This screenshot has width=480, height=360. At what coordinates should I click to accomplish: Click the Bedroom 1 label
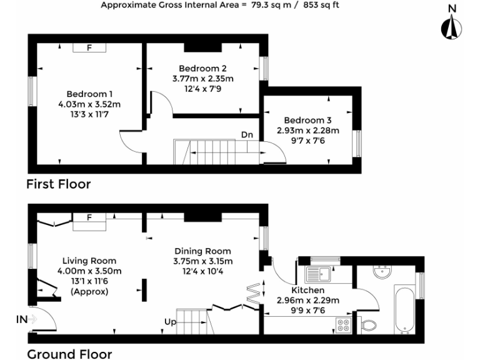coord(89,94)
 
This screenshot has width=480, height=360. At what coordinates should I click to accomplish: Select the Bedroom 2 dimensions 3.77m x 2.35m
coord(202,79)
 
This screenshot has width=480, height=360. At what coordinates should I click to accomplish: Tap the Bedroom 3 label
coord(307,120)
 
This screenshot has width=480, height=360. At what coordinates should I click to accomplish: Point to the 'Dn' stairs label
coord(247,134)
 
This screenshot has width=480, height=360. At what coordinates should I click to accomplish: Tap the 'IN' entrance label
coord(22,319)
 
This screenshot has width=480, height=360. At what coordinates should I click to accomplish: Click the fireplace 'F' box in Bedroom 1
coord(88,47)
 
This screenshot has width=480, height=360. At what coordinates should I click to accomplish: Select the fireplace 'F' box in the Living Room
coord(89,217)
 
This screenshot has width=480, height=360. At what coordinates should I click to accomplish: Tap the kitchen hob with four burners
coord(343,324)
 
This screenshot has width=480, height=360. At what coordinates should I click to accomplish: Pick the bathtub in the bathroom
coord(405,309)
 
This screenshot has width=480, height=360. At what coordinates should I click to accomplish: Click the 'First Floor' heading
coord(58,184)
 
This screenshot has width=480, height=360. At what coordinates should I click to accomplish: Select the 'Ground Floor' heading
coord(69,354)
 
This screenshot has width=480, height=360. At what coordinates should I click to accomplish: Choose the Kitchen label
coord(308,291)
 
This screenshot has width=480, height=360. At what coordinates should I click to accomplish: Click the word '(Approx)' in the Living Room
coord(89,291)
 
